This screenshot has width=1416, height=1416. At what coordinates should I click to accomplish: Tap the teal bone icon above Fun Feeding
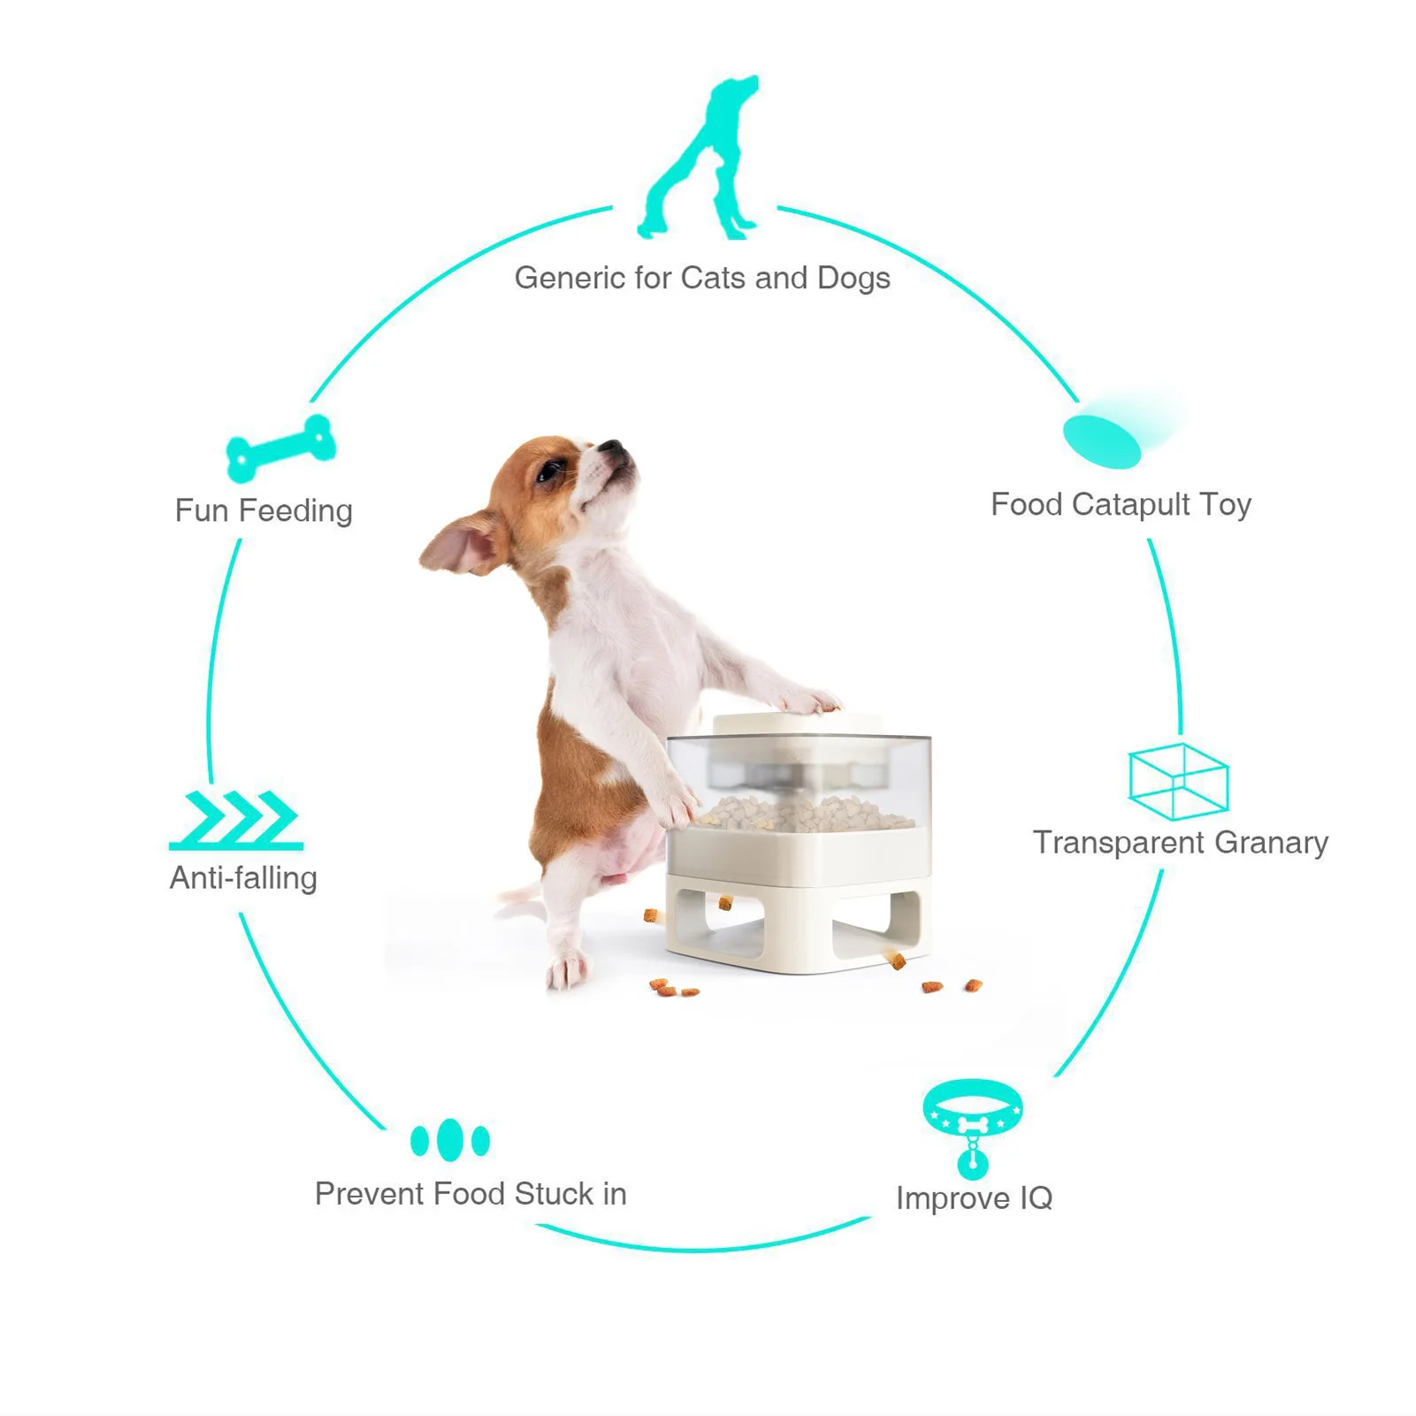tap(280, 448)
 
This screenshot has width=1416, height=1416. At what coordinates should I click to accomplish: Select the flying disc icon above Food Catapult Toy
tap(1103, 440)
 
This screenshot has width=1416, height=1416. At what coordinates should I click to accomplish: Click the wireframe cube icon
tap(1178, 781)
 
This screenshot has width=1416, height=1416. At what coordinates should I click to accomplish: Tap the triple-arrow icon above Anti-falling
tap(237, 820)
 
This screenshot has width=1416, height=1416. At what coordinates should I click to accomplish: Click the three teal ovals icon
tap(449, 1140)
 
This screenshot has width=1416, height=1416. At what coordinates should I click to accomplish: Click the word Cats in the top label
tap(714, 278)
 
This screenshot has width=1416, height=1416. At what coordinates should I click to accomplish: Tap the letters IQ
tap(1036, 1198)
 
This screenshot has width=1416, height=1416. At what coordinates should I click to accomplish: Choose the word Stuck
tap(554, 1194)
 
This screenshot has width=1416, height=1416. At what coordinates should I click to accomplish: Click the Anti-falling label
tap(243, 878)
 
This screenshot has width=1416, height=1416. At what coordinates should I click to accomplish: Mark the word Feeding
tap(295, 511)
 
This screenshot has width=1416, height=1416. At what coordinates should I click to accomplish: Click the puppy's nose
tap(614, 447)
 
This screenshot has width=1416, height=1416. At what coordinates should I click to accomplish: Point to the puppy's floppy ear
tap(460, 541)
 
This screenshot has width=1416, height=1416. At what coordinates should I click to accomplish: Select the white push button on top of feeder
tap(797, 723)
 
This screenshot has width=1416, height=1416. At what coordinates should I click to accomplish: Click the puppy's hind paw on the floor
tap(566, 970)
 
